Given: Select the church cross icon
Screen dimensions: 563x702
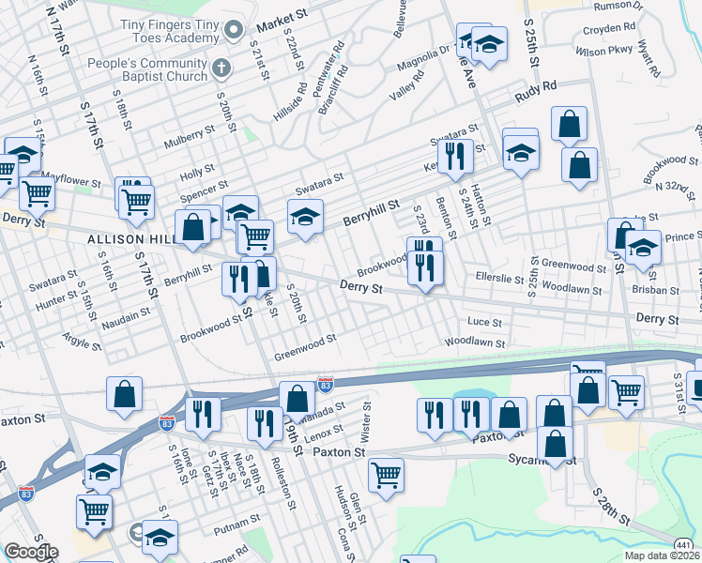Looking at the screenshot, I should click(x=221, y=68).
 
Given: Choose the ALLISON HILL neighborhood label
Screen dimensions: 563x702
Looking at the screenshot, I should click(x=131, y=240).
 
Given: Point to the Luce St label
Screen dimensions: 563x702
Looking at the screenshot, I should click(x=485, y=322).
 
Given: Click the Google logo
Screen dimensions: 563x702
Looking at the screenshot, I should click(x=31, y=552).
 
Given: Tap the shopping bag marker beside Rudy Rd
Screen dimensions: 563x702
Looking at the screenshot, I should click(x=569, y=125).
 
